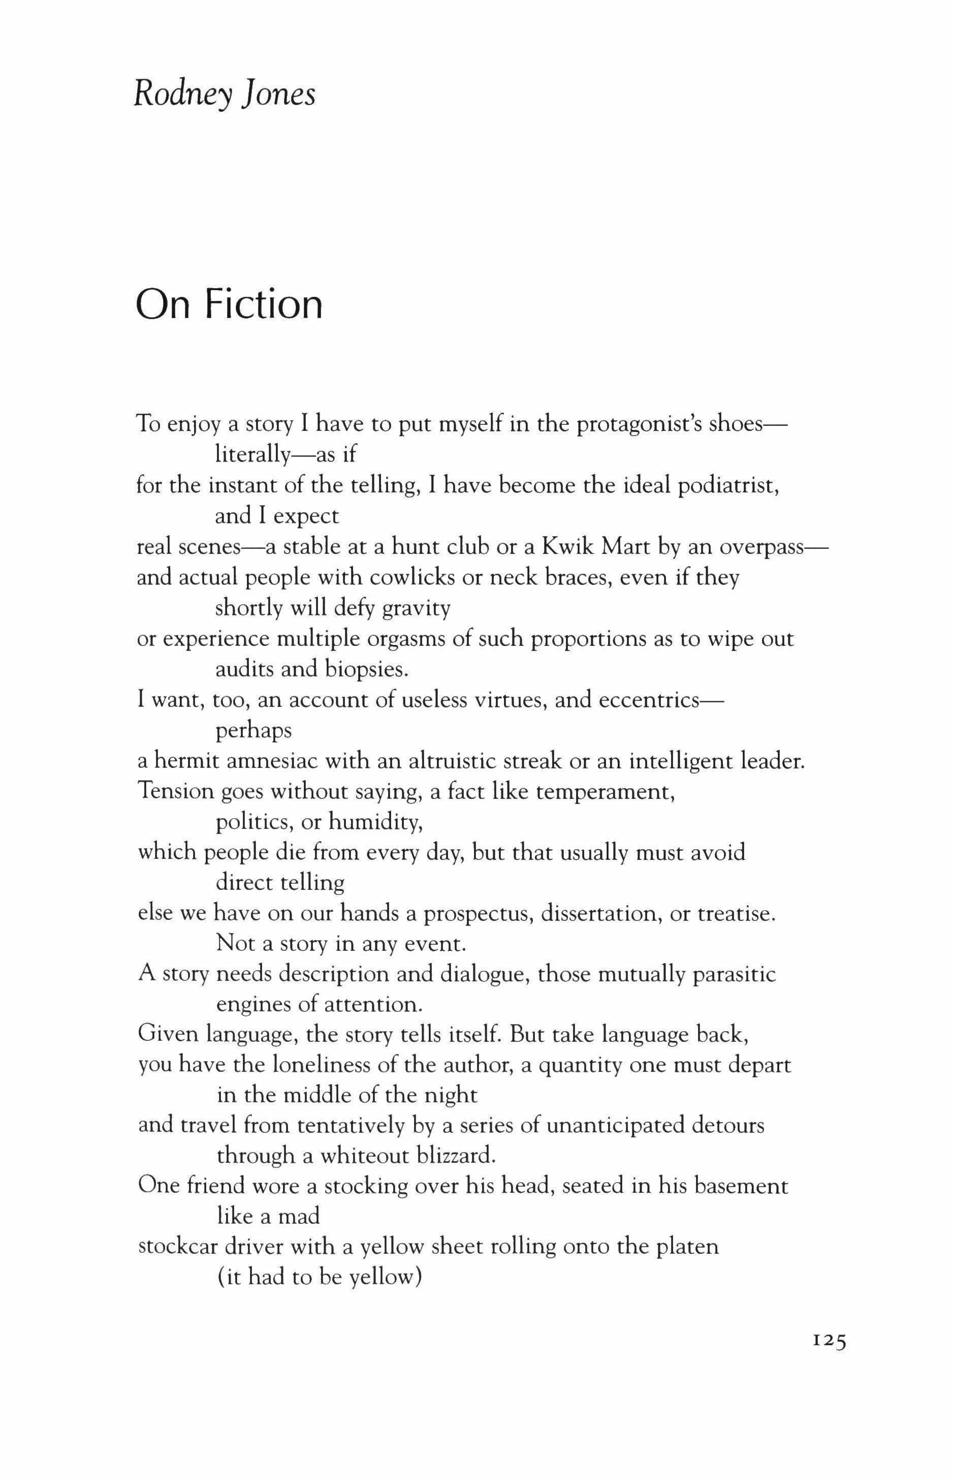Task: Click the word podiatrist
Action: click(728, 486)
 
